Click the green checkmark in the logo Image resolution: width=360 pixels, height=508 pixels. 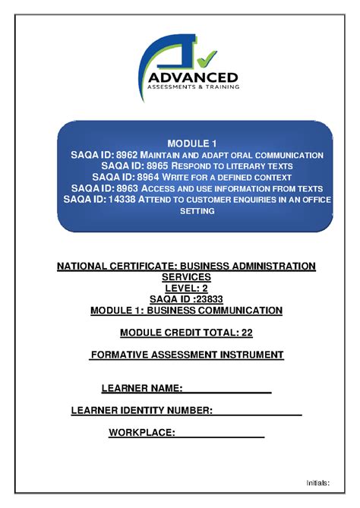[204, 56]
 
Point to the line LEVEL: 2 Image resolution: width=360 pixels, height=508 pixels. [186, 289]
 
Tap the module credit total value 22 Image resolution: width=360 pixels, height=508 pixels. [245, 333]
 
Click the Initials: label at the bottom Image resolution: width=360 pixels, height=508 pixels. [317, 482]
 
